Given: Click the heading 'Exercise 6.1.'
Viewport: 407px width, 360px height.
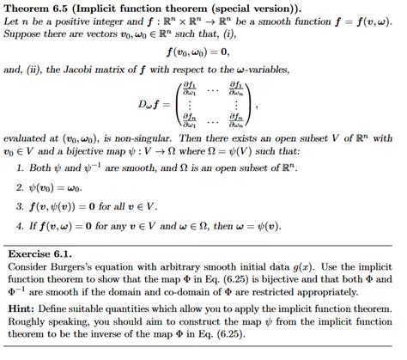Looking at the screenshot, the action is pos(39,254).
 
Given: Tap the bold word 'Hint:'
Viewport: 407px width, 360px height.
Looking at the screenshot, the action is pos(22,307).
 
